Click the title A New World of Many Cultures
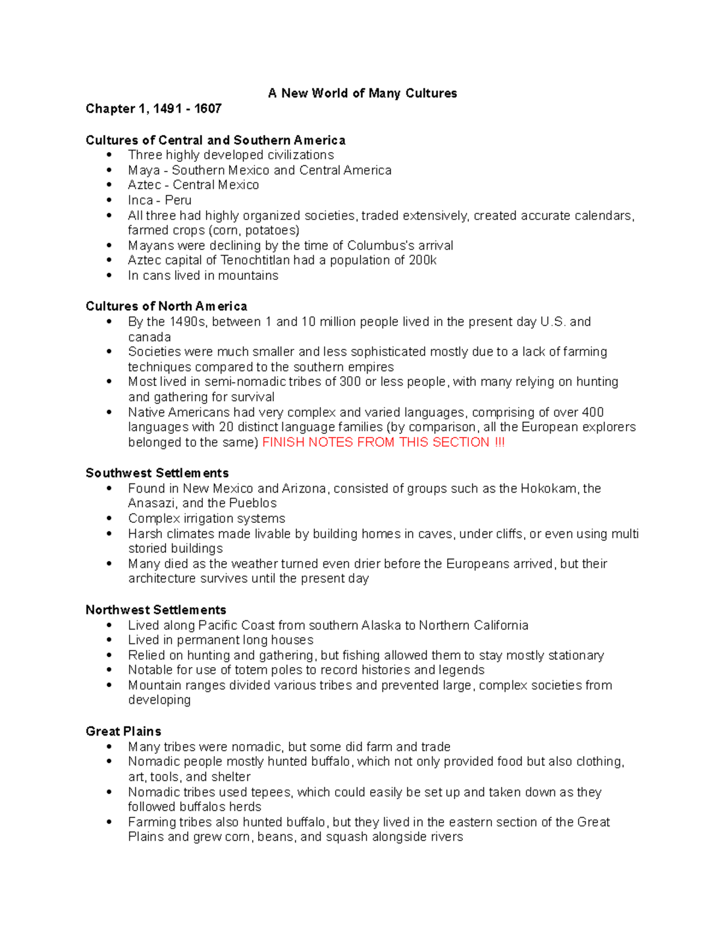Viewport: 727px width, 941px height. tap(362, 93)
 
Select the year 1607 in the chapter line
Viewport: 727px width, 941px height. tap(208, 109)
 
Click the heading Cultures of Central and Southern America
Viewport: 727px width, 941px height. tap(215, 141)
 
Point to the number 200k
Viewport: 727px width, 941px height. tap(423, 261)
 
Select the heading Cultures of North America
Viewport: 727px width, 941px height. tap(166, 307)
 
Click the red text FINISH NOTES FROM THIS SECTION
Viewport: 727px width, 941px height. tap(376, 443)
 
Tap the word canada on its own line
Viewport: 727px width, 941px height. tap(149, 337)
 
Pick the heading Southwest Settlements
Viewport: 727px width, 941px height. tap(157, 473)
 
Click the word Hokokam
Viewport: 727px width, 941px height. tap(548, 489)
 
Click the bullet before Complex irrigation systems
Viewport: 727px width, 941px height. tap(109, 519)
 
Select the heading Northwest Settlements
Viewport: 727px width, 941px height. tap(156, 610)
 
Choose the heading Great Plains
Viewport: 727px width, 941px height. tap(123, 731)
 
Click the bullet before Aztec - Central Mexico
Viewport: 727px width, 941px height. tap(109, 185)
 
